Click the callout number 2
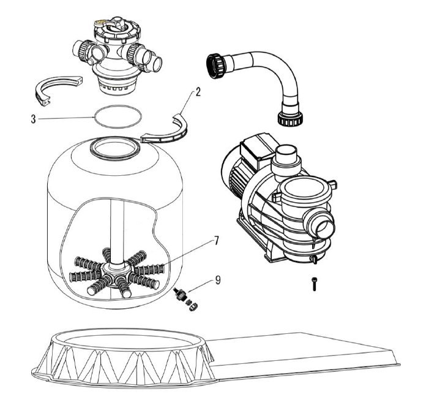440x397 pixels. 198,93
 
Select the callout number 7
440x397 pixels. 216,241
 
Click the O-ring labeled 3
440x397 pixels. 118,116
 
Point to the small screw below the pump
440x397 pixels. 314,284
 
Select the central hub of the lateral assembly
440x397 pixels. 116,270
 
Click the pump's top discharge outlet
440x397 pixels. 286,157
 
